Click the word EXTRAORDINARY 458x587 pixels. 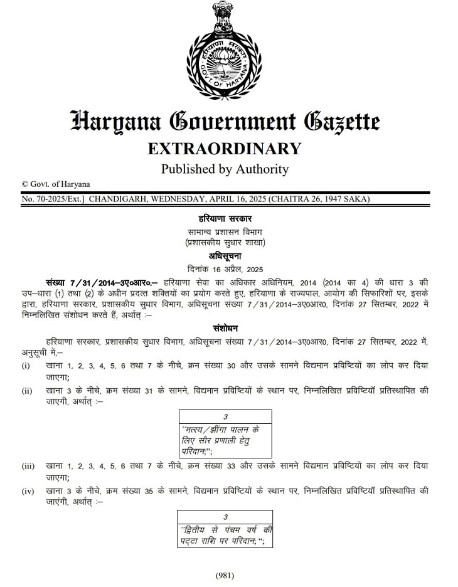click(x=225, y=149)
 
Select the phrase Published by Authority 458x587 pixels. click(x=225, y=169)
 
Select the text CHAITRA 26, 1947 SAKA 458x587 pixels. click(x=319, y=199)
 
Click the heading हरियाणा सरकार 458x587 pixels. click(x=225, y=219)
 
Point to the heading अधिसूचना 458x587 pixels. click(x=225, y=256)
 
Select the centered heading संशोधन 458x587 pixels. click(x=225, y=328)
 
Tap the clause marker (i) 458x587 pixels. click(x=26, y=366)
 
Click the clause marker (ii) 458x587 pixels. click(x=27, y=391)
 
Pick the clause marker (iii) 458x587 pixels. click(x=28, y=467)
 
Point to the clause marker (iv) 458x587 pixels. click(x=28, y=491)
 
